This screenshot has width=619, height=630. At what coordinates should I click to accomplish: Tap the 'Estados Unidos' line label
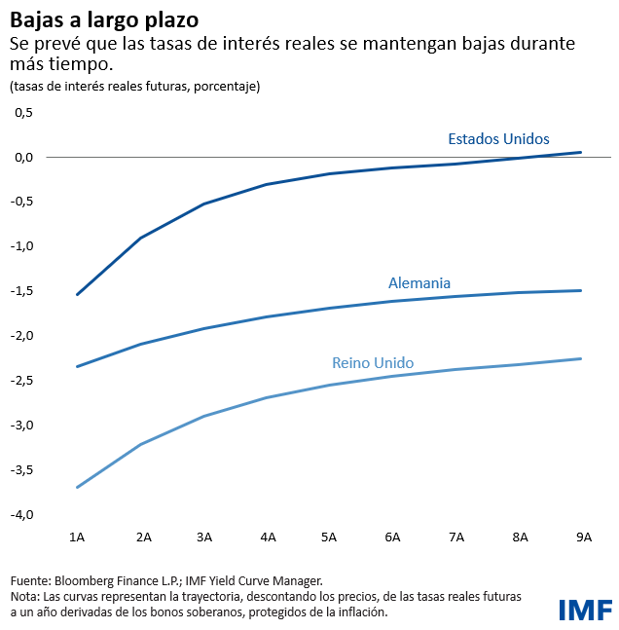click(498, 138)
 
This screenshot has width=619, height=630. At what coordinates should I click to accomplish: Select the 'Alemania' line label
click(419, 283)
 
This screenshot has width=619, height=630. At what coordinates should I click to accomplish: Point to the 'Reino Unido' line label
click(373, 363)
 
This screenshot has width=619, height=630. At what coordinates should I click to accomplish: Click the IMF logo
click(585, 610)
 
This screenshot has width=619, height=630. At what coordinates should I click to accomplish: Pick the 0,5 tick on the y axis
click(24, 112)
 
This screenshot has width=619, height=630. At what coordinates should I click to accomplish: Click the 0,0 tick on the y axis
click(24, 157)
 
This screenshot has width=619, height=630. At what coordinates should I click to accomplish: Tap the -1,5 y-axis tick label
click(22, 291)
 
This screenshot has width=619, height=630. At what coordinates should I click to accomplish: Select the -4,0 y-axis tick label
click(22, 514)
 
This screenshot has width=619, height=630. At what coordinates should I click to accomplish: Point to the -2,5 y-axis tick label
click(22, 381)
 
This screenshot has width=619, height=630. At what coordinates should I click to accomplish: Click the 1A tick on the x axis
click(77, 537)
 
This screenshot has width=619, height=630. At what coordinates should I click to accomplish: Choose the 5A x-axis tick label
click(329, 537)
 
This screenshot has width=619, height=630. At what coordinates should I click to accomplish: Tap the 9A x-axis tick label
click(581, 537)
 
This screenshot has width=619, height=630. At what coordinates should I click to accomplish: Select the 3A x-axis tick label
click(203, 537)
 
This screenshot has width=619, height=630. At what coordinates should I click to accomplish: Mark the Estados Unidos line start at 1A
click(77, 294)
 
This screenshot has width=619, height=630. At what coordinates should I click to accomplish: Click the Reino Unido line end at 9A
click(581, 358)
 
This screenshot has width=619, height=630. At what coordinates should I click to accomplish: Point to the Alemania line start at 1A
click(77, 367)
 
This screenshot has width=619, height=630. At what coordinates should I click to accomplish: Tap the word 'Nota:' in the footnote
click(25, 595)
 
